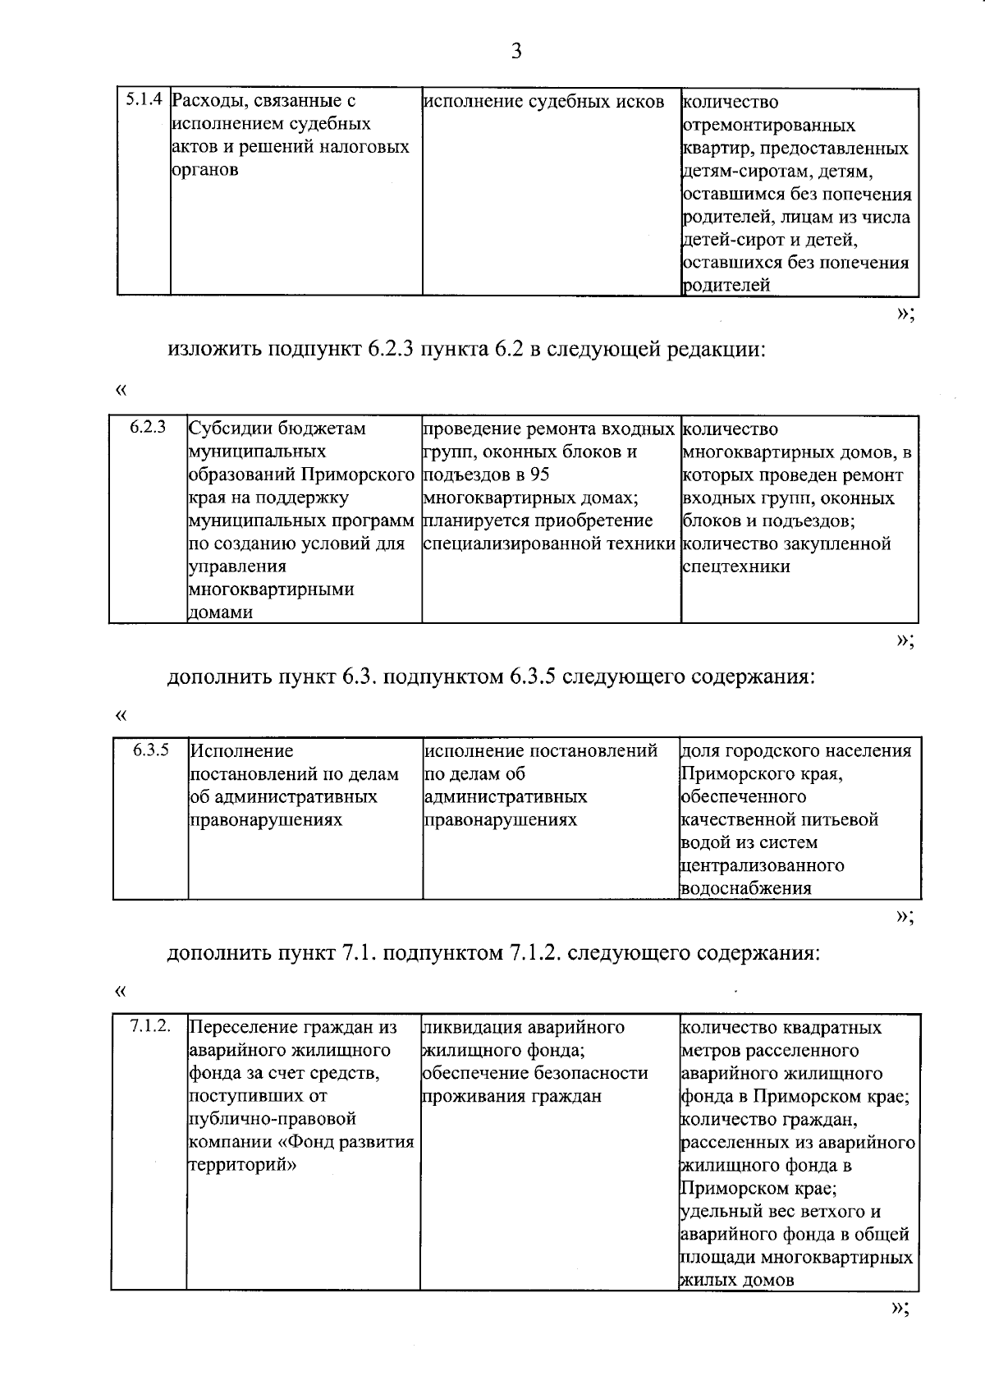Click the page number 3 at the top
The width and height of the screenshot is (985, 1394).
pos(515,52)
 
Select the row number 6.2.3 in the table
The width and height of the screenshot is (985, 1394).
pos(148,428)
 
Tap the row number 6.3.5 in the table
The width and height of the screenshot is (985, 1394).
pos(151,750)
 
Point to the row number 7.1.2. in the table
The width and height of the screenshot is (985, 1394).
pos(149,1026)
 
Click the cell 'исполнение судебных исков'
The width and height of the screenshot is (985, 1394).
pos(543,102)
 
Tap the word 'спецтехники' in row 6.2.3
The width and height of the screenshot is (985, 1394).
pos(735,566)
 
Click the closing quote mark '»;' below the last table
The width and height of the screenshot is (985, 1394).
pos(900,1309)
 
